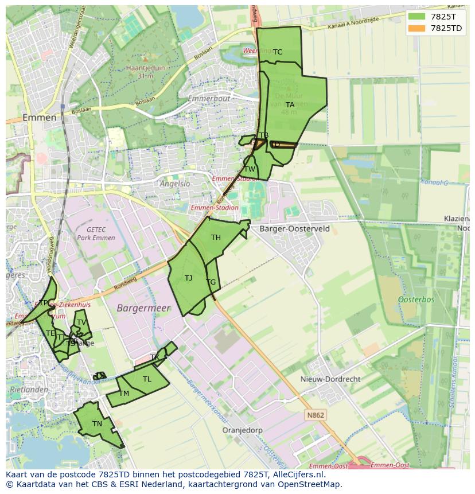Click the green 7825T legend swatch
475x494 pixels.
[416, 17]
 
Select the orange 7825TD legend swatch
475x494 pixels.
[416, 28]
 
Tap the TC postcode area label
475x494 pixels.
[278, 52]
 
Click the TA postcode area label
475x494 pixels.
[290, 105]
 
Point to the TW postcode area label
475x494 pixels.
[250, 169]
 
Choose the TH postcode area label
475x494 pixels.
[216, 238]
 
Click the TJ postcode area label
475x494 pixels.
[188, 278]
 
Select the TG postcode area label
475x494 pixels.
[211, 282]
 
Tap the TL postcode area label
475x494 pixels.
[147, 379]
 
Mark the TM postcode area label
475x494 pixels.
[124, 394]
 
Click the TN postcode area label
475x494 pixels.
[97, 424]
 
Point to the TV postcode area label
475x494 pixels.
[81, 322]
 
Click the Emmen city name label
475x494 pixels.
[40, 118]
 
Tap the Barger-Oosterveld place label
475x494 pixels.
[294, 228]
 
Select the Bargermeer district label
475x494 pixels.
[143, 308]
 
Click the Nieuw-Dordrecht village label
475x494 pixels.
[330, 379]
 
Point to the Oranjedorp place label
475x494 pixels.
[242, 430]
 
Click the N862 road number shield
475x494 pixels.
[315, 415]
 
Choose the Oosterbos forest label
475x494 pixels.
[416, 299]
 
